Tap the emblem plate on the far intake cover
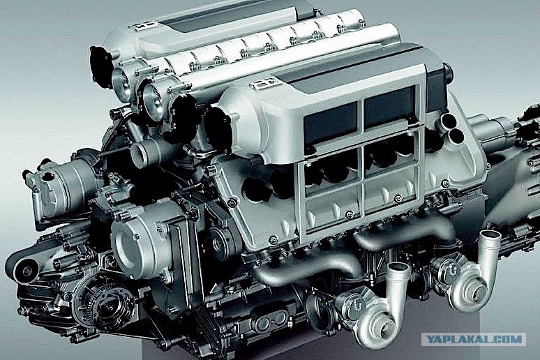(x=145, y=26)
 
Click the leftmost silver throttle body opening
(x=121, y=80)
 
